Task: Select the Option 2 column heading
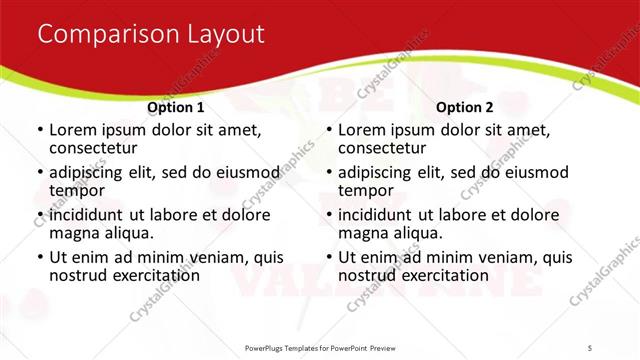[x=464, y=106]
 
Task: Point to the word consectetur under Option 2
[x=384, y=148]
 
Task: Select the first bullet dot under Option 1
[x=39, y=131]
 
